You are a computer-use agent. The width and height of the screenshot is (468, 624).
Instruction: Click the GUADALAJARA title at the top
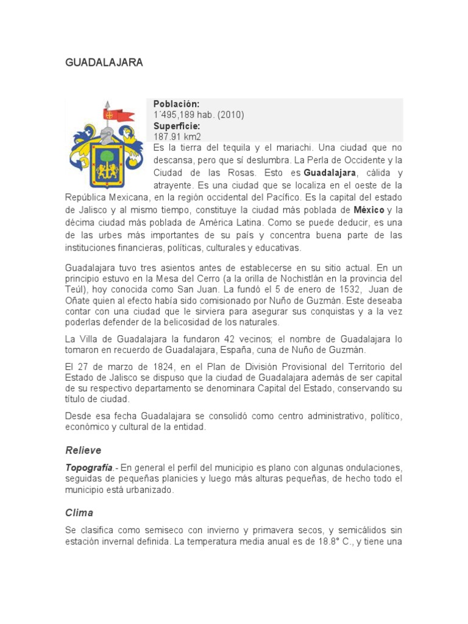point(104,63)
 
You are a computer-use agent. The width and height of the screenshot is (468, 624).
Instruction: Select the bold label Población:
point(177,104)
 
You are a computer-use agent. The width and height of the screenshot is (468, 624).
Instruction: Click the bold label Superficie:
point(177,126)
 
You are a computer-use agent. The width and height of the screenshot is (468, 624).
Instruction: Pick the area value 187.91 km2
point(177,137)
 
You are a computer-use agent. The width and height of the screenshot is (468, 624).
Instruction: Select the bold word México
point(369,210)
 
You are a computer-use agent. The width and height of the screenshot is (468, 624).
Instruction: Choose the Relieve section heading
point(83,450)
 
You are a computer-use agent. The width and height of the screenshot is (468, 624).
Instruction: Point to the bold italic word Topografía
point(89,467)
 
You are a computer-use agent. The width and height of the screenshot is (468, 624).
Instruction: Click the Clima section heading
point(79,513)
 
